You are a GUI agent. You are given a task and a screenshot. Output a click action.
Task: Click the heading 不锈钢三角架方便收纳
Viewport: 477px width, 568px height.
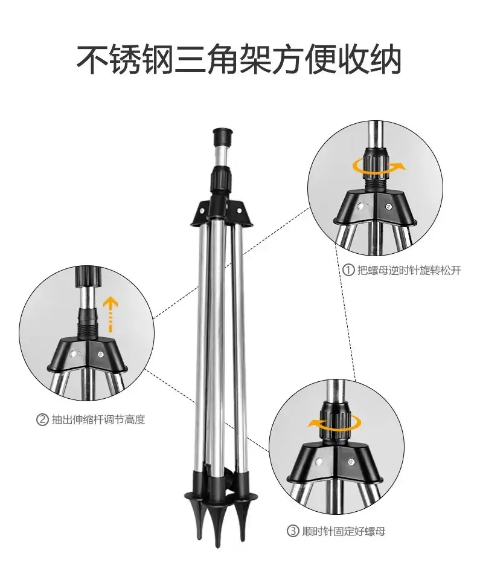[239, 59]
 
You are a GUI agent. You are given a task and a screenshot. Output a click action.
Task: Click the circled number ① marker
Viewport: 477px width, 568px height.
[348, 270]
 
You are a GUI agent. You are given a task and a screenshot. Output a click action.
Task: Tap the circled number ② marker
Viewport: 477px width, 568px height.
[42, 420]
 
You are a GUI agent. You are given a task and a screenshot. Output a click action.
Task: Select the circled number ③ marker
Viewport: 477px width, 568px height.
[293, 531]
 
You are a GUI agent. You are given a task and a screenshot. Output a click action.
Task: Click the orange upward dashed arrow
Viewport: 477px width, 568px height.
[110, 314]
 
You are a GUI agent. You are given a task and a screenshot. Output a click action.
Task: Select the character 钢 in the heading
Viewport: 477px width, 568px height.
[156, 59]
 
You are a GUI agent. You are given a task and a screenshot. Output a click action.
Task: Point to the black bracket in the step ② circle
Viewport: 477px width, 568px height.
[87, 354]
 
